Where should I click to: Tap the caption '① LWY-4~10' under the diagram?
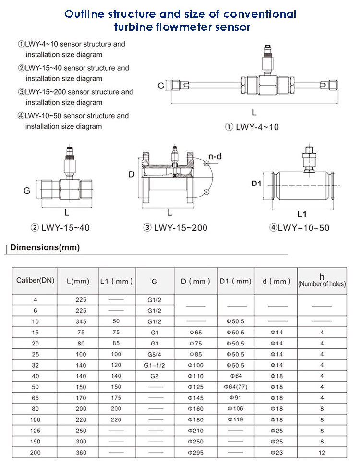[252, 127]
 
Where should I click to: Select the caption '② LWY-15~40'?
[60, 227]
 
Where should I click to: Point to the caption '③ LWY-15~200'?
[176, 227]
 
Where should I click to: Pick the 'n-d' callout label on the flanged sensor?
[215, 156]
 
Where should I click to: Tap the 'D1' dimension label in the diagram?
[257, 183]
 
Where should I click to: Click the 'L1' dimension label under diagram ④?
[301, 214]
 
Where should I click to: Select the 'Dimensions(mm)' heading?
[45, 248]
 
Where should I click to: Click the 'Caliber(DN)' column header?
[35, 281]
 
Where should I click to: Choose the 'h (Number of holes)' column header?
[322, 281]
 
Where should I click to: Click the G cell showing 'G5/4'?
[155, 355]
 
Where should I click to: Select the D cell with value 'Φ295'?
[196, 452]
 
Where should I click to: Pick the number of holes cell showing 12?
[322, 452]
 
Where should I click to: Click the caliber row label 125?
[35, 430]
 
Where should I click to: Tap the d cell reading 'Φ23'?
[277, 452]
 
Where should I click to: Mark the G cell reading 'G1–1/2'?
[155, 365]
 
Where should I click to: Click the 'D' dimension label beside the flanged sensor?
[132, 174]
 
